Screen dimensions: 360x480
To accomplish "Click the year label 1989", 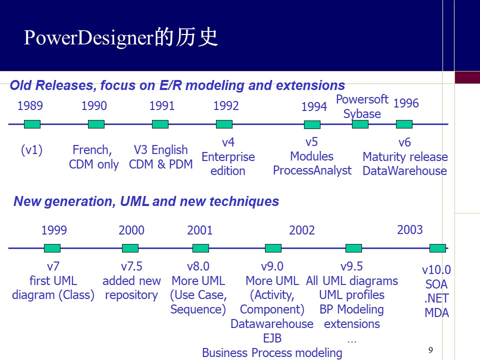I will point(30,105).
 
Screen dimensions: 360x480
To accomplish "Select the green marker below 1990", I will point(96,124).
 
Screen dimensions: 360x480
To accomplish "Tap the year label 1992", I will point(226,105).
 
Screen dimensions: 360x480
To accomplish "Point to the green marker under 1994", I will point(312,124).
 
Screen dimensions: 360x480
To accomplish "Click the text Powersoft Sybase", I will point(362,106).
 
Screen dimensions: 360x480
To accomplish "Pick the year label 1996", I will point(406,103).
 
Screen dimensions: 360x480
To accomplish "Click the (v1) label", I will point(31,150).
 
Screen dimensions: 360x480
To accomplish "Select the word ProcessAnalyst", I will point(312,170).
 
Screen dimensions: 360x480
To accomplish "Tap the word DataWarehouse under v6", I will point(404,171).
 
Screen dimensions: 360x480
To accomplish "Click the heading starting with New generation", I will point(146,201).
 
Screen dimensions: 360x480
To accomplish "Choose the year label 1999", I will point(54,230).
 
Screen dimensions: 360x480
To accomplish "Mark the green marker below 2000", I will point(130,248).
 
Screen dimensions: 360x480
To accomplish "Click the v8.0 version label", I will point(198,266).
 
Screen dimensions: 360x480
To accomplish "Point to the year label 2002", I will point(302,230).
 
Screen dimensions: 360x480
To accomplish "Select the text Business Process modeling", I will point(272,352).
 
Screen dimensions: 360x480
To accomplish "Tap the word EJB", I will point(272,338).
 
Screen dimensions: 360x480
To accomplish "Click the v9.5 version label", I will point(351,266).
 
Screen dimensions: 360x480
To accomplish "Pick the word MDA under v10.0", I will point(436,313).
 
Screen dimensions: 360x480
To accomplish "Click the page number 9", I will point(431,349).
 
